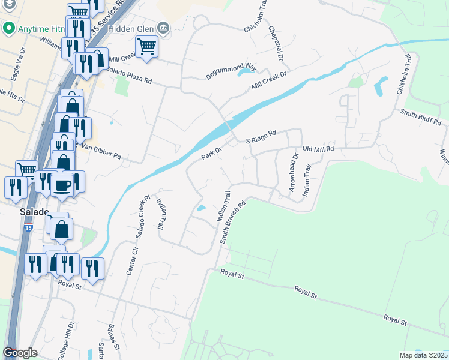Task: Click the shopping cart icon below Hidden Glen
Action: [x=146, y=46]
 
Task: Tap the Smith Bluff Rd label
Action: [x=421, y=117]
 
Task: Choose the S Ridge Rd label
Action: [x=261, y=137]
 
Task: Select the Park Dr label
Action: [x=211, y=154]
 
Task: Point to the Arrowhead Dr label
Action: [x=294, y=173]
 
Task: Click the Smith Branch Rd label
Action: [x=234, y=221]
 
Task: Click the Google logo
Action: [x=20, y=353]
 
